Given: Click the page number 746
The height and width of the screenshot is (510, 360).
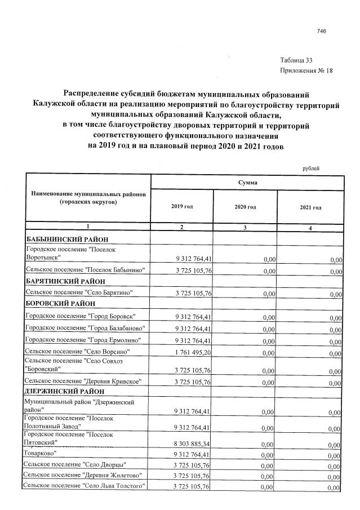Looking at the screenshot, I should [x=322, y=31].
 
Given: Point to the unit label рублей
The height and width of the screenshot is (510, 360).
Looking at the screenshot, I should [x=310, y=168].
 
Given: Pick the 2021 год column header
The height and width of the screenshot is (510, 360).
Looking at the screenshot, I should [x=310, y=208].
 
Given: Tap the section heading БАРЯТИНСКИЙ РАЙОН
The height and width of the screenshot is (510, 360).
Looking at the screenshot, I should [x=63, y=281].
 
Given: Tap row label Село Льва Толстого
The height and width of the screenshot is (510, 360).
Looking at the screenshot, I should [x=85, y=486].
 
